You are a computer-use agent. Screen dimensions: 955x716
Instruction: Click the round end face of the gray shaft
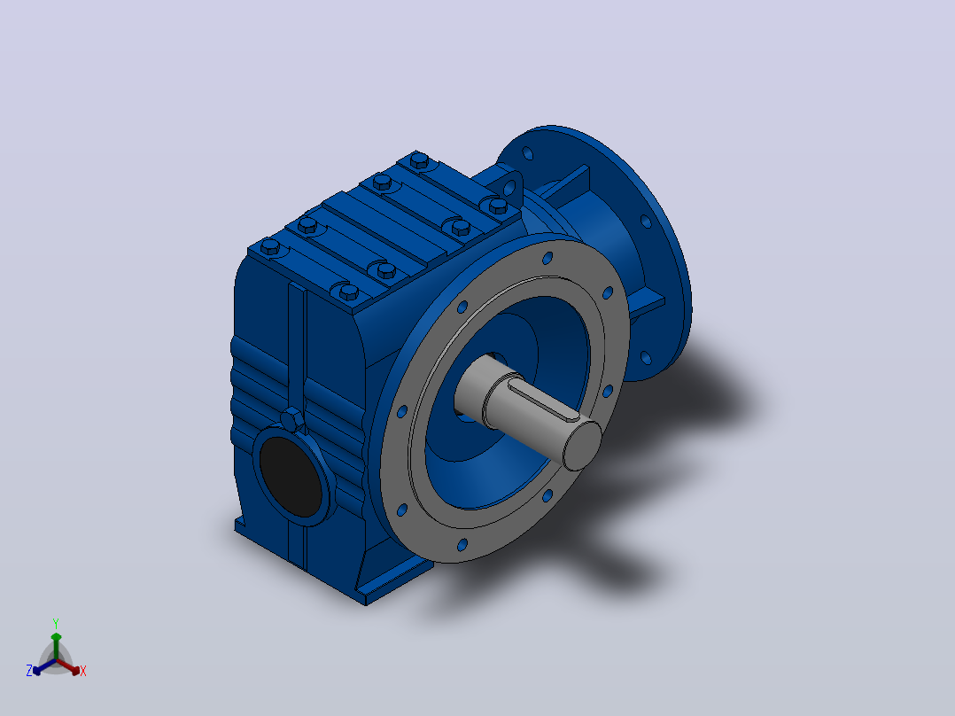click(582, 446)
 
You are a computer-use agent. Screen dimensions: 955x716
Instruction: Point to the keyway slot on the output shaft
click(543, 398)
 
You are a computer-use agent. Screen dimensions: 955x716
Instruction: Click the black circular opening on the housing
click(291, 477)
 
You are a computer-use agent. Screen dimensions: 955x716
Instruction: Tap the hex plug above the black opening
click(292, 420)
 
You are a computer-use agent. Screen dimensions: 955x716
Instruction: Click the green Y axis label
click(56, 623)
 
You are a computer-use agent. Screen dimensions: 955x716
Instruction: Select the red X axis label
click(83, 671)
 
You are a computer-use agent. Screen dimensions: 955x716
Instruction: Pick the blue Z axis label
click(28, 671)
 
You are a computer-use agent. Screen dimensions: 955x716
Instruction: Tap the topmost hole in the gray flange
click(547, 259)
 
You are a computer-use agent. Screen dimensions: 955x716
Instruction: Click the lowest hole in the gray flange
click(462, 544)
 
